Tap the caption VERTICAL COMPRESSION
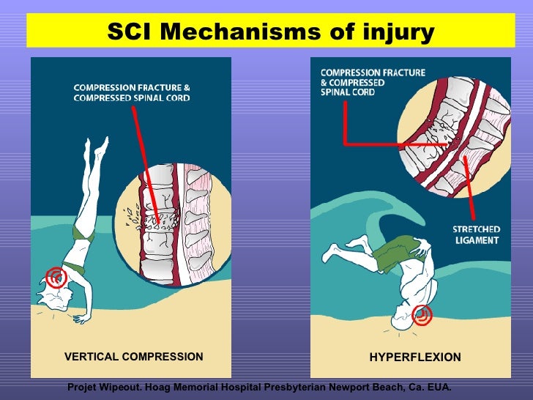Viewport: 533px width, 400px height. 134,357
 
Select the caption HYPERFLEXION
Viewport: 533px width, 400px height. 414,358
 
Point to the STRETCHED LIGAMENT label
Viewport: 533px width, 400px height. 475,234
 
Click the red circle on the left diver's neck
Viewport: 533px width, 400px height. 56,276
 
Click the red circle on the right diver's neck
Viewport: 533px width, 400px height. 422,315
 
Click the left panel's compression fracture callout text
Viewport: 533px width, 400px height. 131,93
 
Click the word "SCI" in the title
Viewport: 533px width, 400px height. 131,32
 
